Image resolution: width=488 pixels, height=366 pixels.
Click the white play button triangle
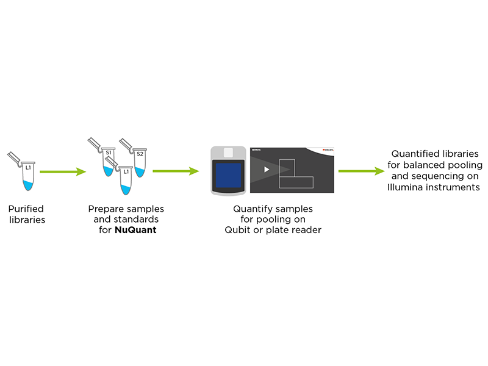[x=266, y=169]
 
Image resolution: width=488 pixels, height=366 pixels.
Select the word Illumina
[x=407, y=187]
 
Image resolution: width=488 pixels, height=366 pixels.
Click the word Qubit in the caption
[x=239, y=230]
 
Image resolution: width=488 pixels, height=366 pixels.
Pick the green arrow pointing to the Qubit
[x=176, y=171]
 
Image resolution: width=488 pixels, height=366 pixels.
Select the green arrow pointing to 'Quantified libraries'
[x=361, y=171]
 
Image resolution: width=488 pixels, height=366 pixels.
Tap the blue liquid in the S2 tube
[x=140, y=170]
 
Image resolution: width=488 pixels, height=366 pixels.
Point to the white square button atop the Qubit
[x=229, y=152]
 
